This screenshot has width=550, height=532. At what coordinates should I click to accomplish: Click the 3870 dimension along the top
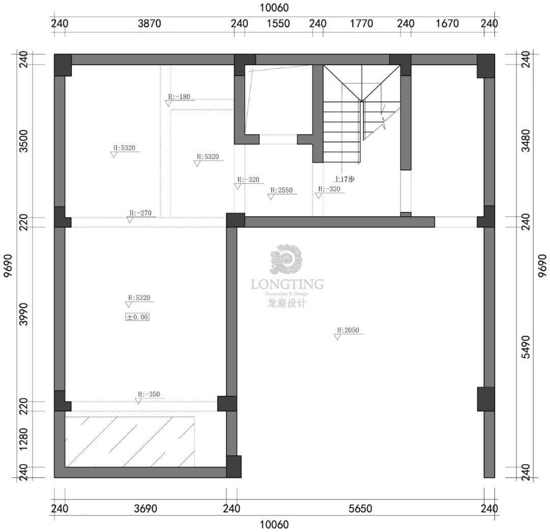pos(149,23)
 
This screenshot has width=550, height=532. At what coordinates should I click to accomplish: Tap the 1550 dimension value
pos(279,23)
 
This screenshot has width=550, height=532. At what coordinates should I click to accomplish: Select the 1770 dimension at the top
pos(362,23)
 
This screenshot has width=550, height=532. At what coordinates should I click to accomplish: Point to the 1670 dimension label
pos(447,23)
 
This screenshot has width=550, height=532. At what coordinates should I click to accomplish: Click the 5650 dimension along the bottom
pos(360,509)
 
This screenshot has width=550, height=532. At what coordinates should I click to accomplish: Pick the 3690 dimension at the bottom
pos(146,509)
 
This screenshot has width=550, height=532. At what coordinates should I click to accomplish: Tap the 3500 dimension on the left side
pos(23,141)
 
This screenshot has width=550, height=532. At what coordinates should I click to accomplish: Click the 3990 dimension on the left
pos(23,314)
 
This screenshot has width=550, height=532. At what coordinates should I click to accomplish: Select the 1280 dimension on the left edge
pos(23,439)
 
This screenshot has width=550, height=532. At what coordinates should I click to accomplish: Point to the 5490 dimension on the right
pos(526,347)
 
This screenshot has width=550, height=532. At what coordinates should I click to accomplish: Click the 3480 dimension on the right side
pos(526,141)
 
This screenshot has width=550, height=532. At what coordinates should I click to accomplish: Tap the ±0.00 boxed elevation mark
pos(137,317)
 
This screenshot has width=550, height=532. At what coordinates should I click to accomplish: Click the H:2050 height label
pos(348,330)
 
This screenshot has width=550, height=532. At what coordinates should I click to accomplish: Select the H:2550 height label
pos(281,190)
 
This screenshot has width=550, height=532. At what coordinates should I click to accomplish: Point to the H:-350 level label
pos(149,394)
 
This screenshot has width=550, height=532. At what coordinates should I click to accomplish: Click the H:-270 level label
pos(141,213)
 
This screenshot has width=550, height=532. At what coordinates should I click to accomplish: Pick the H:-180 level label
pos(179,97)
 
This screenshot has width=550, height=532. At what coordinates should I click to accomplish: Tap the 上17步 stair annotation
pos(344,180)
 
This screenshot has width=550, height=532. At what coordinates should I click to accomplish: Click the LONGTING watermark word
pos(287,284)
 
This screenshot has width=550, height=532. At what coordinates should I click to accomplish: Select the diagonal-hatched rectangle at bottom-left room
pos(130,441)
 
